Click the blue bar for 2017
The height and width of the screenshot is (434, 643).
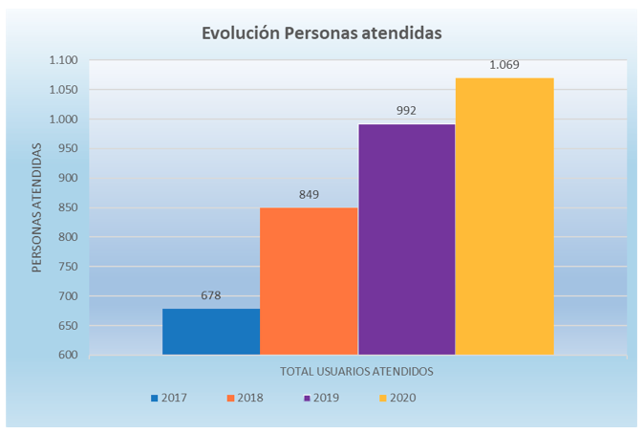point(211,331)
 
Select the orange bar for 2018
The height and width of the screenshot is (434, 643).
point(309,281)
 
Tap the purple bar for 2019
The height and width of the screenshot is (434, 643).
point(407,239)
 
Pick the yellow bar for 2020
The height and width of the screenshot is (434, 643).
point(504,216)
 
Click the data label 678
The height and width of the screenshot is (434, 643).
point(211,295)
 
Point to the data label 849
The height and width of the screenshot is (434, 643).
point(309,195)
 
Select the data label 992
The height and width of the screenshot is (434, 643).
point(406,111)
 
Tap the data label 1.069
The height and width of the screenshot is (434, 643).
point(504,65)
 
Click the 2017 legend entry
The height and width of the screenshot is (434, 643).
point(169,398)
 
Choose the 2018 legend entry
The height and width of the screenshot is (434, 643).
point(246,398)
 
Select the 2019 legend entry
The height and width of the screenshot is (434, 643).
point(322,398)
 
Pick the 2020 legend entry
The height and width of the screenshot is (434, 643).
point(397,398)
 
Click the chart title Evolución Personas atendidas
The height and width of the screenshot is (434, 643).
point(321,33)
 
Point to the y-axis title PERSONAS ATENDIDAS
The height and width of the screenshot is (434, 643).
point(36,207)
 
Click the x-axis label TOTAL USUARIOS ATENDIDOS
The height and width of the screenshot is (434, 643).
point(356,370)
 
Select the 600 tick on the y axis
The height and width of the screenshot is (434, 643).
point(69,355)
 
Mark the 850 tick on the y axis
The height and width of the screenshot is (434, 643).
point(69,207)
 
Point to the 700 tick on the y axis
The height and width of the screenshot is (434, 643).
point(69,296)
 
